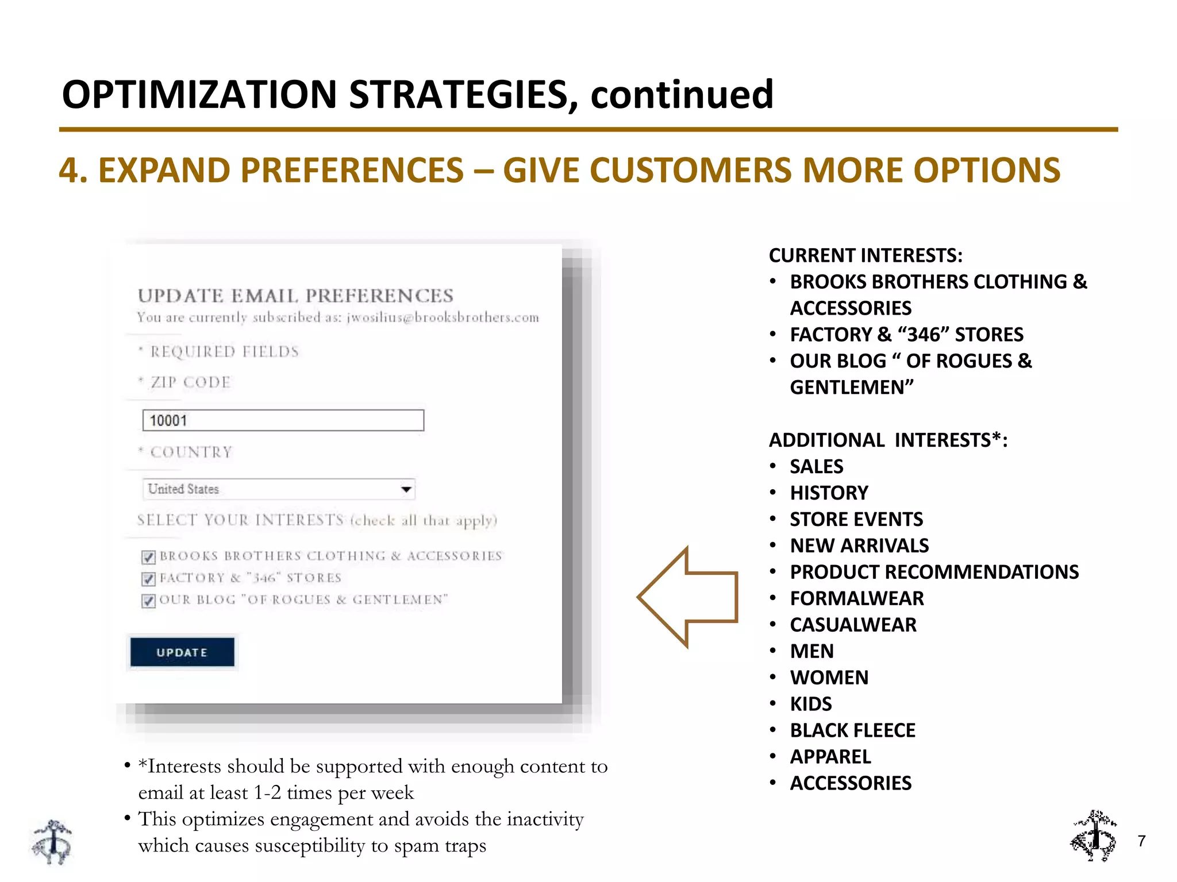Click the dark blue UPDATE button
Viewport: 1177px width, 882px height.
click(182, 652)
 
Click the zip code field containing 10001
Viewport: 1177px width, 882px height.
click(283, 420)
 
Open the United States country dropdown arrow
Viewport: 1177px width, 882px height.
click(406, 489)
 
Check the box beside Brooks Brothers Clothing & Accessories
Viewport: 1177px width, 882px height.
click(148, 557)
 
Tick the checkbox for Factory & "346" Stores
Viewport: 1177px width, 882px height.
click(148, 579)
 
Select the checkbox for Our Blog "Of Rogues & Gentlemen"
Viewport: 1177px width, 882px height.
click(148, 601)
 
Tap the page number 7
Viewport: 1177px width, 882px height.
click(1141, 841)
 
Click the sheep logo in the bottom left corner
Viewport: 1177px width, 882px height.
click(52, 842)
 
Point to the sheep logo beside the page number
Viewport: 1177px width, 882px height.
click(1094, 836)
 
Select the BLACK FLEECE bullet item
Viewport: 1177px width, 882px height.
click(852, 730)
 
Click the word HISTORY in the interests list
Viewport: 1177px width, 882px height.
click(829, 493)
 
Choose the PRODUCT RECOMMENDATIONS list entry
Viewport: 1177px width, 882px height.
click(934, 572)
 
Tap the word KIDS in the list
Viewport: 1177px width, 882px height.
click(810, 704)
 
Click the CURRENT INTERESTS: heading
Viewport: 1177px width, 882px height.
click(866, 256)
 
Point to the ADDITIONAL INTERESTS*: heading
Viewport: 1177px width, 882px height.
click(888, 440)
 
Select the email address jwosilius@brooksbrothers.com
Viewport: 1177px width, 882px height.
click(443, 318)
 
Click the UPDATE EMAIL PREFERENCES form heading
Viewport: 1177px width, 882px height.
click(295, 296)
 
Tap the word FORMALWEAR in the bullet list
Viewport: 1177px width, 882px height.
click(856, 598)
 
